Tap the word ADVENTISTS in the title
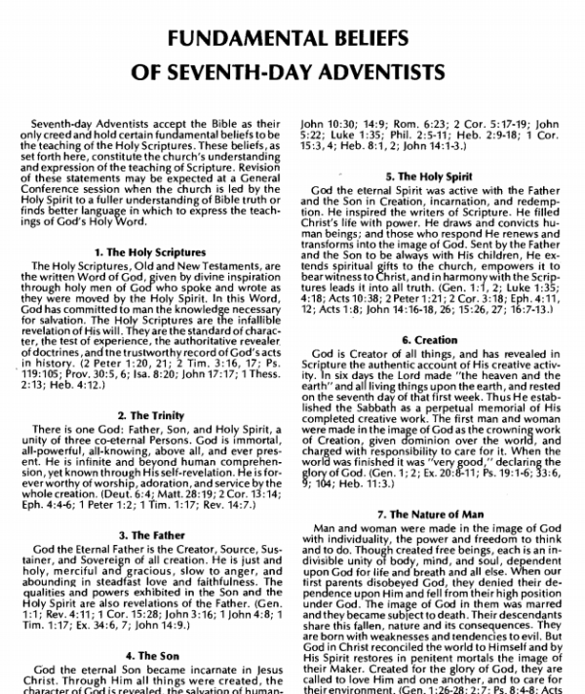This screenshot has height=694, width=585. (380, 75)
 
